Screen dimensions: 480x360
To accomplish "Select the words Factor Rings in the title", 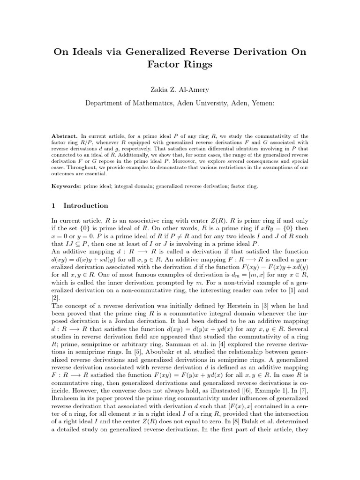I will (x=180, y=65).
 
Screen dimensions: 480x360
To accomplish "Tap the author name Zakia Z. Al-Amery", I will (x=180, y=90).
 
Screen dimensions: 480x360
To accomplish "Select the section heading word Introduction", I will (x=86, y=205).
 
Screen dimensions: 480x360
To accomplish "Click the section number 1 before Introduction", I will (x=54, y=205).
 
